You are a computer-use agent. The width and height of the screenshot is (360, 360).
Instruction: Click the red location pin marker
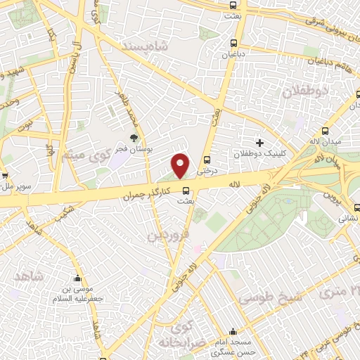click(x=181, y=165)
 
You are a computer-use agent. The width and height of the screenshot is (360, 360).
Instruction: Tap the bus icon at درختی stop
click(x=207, y=159)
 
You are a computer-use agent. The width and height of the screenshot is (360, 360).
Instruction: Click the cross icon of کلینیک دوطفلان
click(x=260, y=143)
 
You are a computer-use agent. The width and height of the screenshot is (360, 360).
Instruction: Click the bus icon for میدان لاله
click(x=324, y=131)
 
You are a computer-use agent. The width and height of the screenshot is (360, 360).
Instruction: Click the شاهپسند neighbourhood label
click(x=166, y=47)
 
